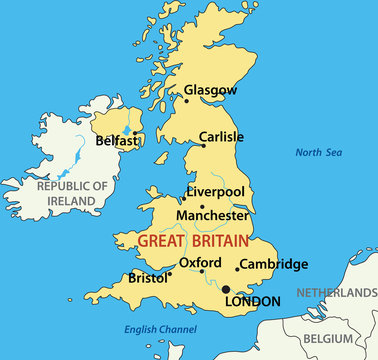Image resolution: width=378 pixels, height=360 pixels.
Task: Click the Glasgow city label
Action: tap(211, 90)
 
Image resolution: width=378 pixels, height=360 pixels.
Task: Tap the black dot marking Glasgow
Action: tap(185, 100)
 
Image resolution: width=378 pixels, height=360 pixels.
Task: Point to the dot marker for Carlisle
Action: tap(204, 146)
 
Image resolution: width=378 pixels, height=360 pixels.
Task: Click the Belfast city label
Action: tap(117, 142)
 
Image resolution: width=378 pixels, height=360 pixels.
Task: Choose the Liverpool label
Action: tap(216, 191)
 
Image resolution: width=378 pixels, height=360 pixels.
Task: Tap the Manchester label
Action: tap(212, 215)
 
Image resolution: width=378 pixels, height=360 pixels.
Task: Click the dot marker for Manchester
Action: tap(202, 206)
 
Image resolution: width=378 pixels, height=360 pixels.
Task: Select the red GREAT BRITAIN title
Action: tap(194, 241)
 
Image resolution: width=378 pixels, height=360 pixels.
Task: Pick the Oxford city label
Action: tap(199, 263)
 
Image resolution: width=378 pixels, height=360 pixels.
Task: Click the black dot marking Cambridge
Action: tap(237, 268)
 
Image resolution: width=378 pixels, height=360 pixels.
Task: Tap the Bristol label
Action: tap(147, 278)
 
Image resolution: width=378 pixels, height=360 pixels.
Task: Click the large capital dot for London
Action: tap(225, 289)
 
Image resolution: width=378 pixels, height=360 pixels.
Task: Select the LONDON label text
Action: tap(253, 301)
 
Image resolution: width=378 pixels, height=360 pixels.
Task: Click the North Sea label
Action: tap(318, 153)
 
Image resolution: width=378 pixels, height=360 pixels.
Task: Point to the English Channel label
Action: tap(159, 329)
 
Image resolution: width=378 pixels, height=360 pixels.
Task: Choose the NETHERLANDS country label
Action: tap(336, 293)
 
